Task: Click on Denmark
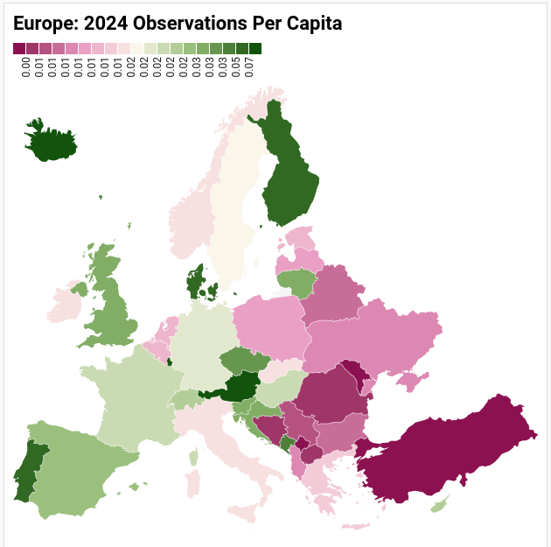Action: [x=194, y=283]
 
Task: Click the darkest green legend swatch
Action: [x=255, y=49]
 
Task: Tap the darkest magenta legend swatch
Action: [x=19, y=49]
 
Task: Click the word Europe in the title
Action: [x=45, y=24]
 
